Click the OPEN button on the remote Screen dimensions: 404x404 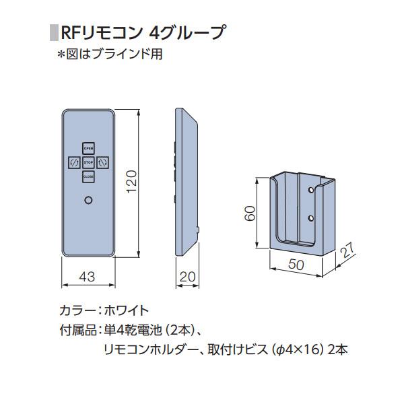click(88, 148)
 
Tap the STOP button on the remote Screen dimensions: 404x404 click(88, 162)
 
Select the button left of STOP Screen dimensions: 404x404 click(74, 162)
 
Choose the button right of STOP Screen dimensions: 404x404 click(102, 162)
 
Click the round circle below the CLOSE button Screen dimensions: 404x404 click(88, 200)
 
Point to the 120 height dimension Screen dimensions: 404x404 click(132, 181)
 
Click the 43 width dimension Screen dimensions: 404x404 click(87, 277)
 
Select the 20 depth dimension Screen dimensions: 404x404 click(187, 277)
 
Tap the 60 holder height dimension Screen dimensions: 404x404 click(250, 213)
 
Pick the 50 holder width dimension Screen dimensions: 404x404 click(296, 264)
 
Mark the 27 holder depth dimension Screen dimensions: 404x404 click(347, 250)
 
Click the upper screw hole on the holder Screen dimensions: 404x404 click(311, 190)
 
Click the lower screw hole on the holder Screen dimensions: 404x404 click(311, 219)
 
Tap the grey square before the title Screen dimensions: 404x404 click(54, 33)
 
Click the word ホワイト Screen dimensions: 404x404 click(127, 310)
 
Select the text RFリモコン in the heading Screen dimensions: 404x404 click(102, 33)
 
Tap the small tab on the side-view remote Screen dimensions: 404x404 click(198, 230)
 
